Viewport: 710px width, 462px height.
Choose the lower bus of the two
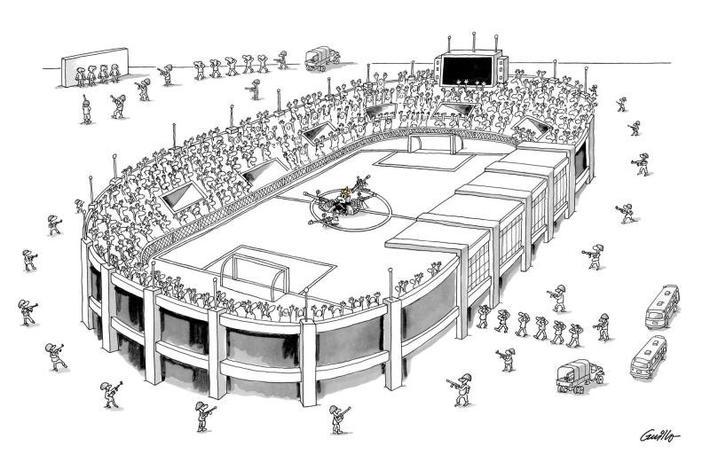(649, 356)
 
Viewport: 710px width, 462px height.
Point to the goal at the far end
(430, 140)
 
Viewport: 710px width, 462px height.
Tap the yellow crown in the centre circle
(346, 192)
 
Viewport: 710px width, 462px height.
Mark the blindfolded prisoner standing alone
(86, 109)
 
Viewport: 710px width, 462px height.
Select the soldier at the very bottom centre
(337, 418)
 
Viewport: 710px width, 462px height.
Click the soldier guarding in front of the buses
(604, 326)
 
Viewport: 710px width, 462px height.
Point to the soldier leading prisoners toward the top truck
(283, 60)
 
